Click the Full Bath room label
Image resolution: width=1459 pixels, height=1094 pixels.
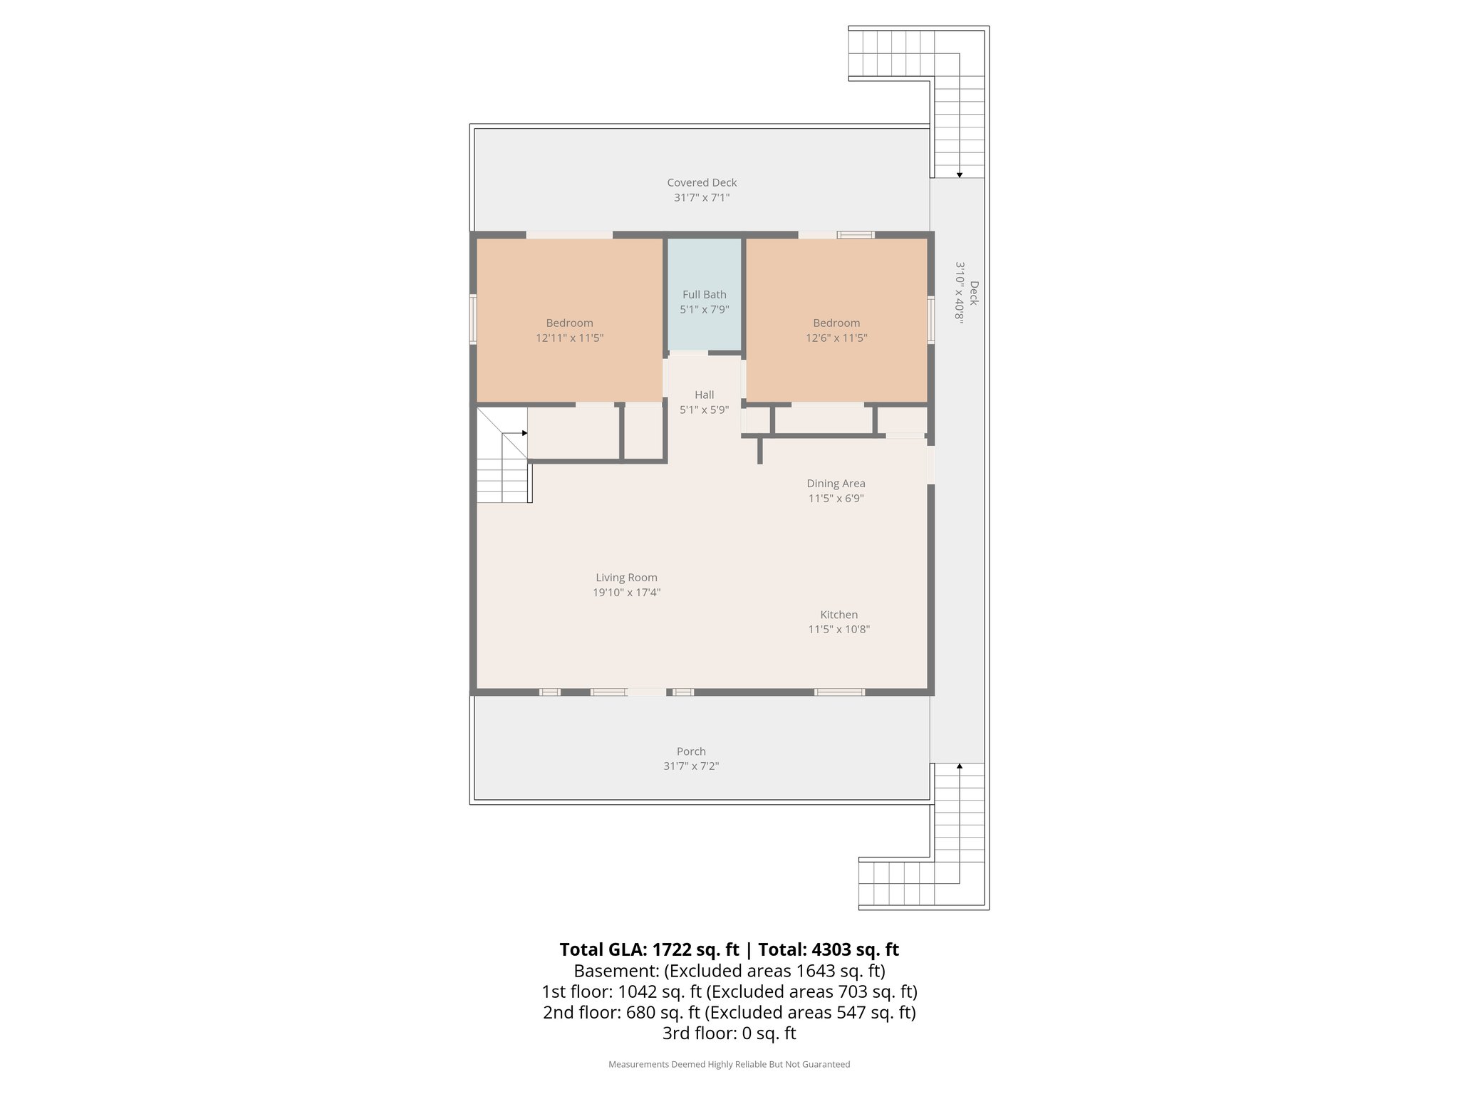[704, 294]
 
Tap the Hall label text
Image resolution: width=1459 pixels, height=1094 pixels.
[704, 395]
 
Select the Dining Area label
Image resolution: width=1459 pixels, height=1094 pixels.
[836, 484]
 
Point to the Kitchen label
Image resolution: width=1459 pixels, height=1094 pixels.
[838, 615]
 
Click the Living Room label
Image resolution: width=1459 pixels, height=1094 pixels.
[626, 578]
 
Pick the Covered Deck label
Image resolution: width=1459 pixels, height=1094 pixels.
[702, 183]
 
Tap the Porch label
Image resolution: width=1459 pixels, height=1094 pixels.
[691, 751]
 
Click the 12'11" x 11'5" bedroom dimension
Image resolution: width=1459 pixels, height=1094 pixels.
[569, 338]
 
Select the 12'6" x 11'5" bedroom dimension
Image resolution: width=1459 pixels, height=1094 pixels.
[836, 338]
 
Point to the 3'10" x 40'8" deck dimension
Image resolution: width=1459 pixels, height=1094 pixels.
[959, 293]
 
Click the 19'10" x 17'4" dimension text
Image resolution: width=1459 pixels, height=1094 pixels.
[626, 593]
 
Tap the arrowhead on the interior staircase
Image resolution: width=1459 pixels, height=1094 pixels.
[524, 433]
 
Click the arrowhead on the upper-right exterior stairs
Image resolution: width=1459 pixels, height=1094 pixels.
[960, 174]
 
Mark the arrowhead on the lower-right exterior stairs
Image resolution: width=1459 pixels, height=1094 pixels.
[960, 766]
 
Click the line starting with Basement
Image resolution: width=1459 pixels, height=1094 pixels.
[729, 971]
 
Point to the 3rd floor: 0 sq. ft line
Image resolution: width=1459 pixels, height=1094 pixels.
[729, 1033]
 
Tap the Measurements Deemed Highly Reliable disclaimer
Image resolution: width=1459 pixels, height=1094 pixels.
[729, 1065]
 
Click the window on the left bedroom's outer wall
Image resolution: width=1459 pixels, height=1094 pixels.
[472, 320]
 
